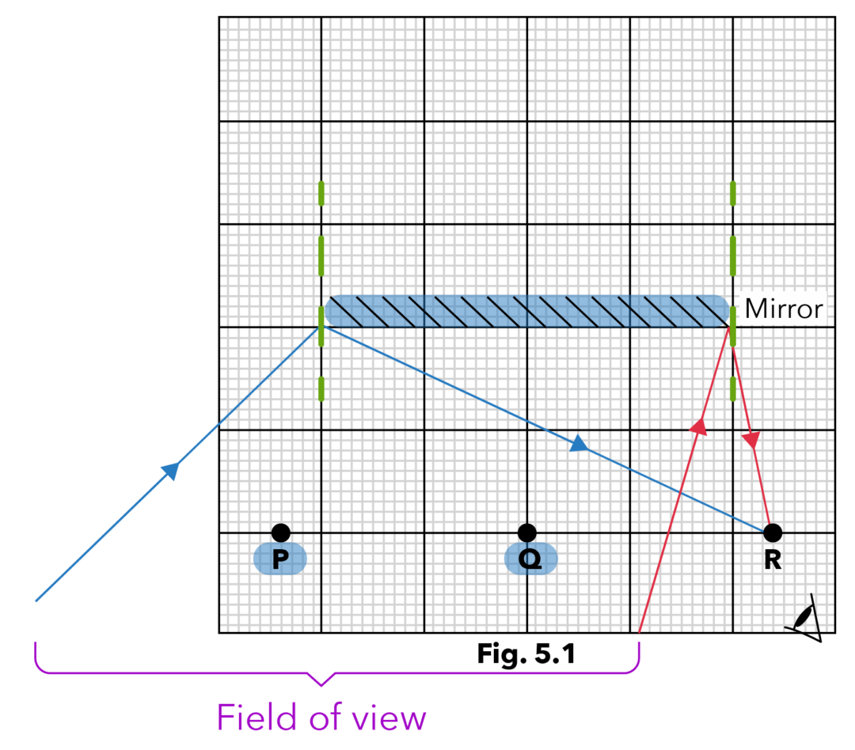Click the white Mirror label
783,309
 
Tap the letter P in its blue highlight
279,559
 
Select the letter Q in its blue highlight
530,559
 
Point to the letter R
772,559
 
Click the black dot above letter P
280,532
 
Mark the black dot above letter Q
526,532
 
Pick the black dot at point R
772,532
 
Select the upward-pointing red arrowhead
698,427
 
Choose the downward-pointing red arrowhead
751,440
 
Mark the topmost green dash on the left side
321,193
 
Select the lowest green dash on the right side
732,388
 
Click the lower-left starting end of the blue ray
36,600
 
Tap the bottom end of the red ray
639,631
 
